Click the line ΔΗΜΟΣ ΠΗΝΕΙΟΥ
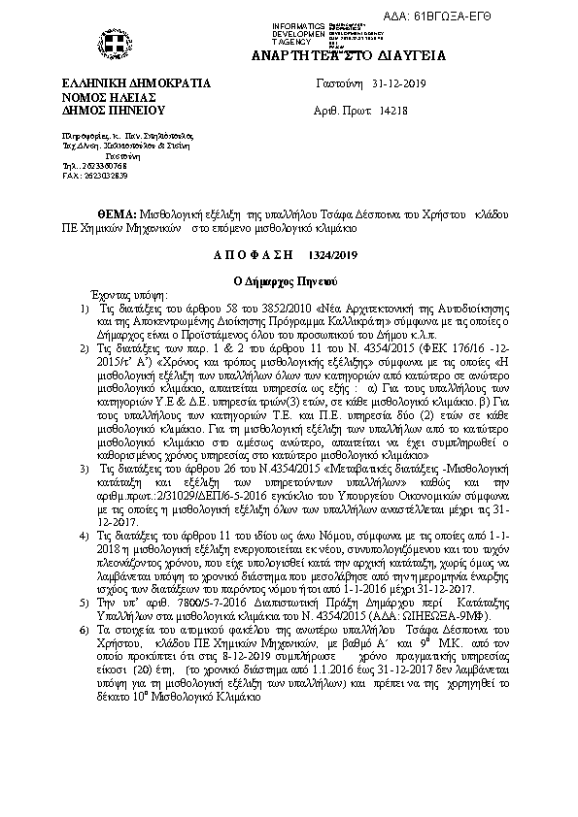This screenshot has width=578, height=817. click(114, 112)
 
